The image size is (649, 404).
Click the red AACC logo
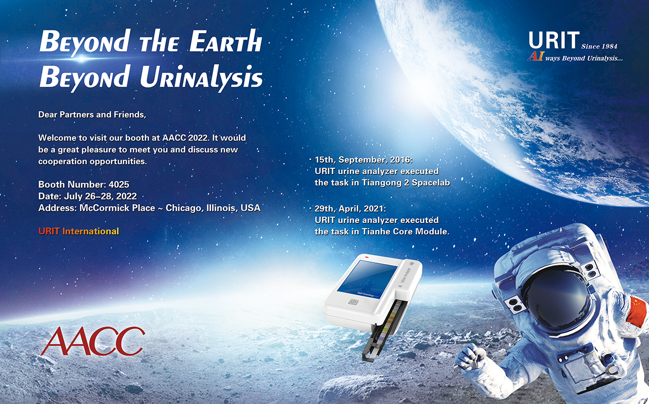93,341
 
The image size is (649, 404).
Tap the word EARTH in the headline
226,42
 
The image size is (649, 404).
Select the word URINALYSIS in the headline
201,78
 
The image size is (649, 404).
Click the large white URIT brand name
554,40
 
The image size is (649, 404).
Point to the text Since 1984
599,46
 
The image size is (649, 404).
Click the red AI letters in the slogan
535,56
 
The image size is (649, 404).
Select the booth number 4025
119,185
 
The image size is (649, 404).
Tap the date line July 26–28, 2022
100,196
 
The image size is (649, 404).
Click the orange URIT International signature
79,231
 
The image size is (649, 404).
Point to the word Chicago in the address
184,208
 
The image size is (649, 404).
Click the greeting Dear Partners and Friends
92,115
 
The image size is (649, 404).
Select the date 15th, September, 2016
364,160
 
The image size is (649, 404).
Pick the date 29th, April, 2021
350,208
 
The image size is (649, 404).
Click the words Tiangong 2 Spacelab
406,183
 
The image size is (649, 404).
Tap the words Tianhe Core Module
406,232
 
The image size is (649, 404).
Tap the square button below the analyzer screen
353,302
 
